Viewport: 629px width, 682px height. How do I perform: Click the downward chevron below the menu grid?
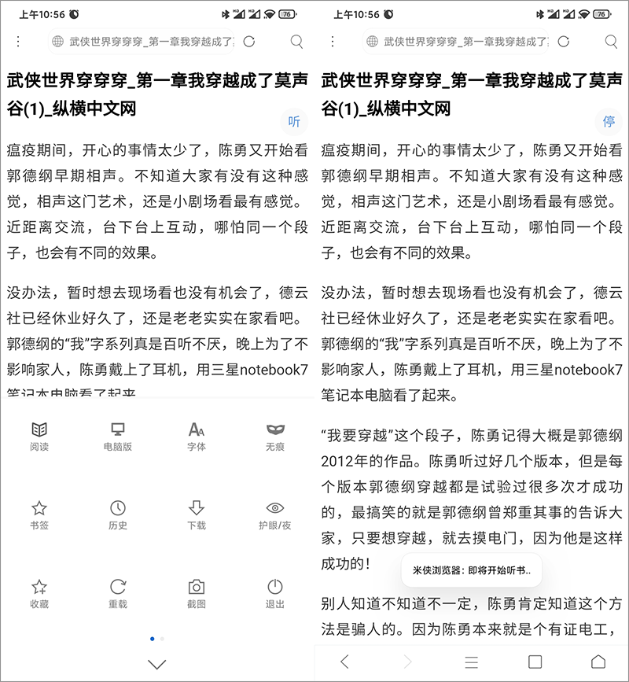157,664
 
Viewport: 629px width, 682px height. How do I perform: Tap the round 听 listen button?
295,121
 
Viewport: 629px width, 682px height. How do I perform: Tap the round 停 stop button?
609,121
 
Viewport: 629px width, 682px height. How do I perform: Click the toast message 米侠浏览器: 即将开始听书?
472,570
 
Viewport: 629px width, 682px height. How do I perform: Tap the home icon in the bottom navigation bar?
598,662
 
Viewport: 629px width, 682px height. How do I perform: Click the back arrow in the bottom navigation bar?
344,662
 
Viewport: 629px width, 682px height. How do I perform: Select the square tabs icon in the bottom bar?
535,662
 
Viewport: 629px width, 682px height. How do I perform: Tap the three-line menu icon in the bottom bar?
472,662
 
